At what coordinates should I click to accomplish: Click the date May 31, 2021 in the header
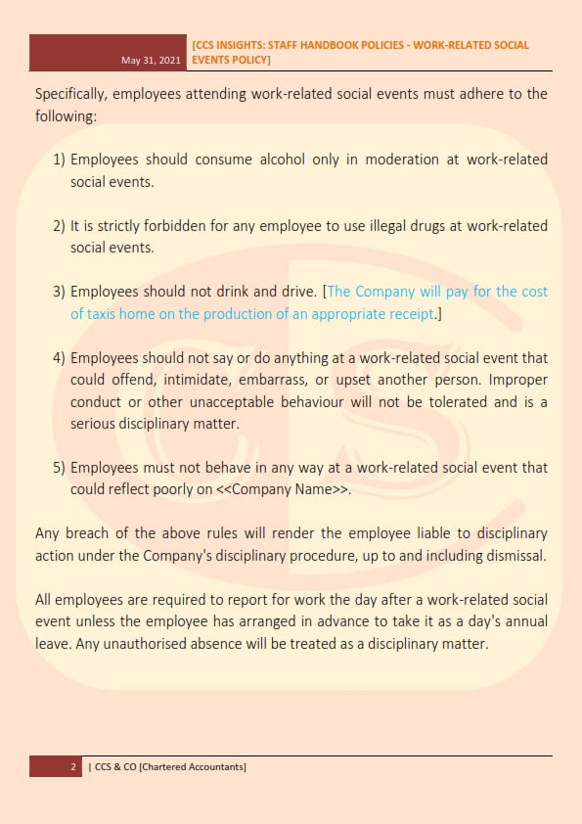151,61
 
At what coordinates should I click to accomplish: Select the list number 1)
59,159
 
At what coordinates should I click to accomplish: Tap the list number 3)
59,292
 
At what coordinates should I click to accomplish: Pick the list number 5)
59,468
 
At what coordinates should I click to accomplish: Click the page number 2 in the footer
73,766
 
